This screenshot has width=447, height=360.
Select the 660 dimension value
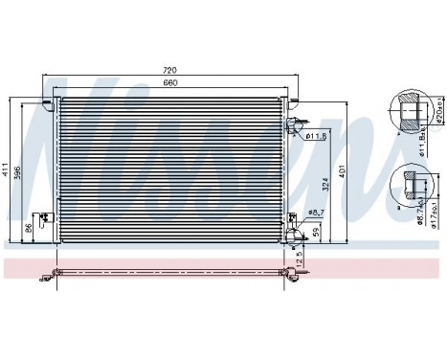pyautogui.click(x=171, y=82)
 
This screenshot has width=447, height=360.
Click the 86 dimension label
pyautogui.click(x=28, y=229)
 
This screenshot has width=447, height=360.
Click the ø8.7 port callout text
pyautogui.click(x=317, y=212)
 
